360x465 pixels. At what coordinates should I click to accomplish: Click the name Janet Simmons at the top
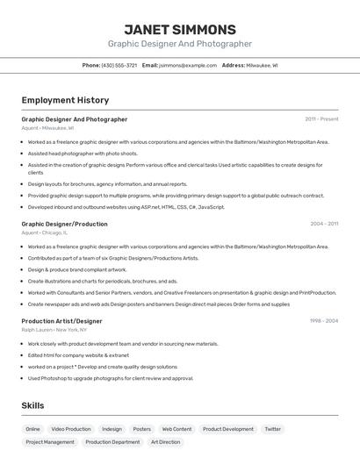[x=180, y=29]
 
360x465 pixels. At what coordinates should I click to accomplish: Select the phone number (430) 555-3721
[x=119, y=65]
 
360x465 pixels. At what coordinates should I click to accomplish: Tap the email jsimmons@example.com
[x=188, y=65]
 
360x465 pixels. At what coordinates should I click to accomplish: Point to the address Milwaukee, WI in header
[x=262, y=65]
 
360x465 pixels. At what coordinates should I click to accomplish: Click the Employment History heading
[x=65, y=100]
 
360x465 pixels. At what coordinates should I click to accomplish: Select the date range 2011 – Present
[x=321, y=118]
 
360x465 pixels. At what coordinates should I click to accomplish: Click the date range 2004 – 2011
[x=323, y=224]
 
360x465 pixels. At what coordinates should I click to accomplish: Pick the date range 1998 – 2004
[x=323, y=320]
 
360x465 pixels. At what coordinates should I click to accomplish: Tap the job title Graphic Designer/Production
[x=64, y=224]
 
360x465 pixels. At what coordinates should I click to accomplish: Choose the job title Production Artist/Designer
[x=61, y=321]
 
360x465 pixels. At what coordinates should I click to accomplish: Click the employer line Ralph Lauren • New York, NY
[x=55, y=330]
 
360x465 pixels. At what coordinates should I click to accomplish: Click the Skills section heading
[x=32, y=405]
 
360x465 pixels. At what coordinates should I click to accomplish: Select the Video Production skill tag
[x=71, y=429]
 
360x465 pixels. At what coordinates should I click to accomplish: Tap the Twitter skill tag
[x=273, y=429]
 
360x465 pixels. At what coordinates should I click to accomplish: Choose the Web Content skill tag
[x=176, y=429]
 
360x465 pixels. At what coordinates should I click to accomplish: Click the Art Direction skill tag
[x=165, y=442]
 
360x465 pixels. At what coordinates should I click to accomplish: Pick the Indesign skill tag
[x=112, y=429]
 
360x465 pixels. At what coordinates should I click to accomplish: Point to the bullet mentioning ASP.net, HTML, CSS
[x=126, y=207]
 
